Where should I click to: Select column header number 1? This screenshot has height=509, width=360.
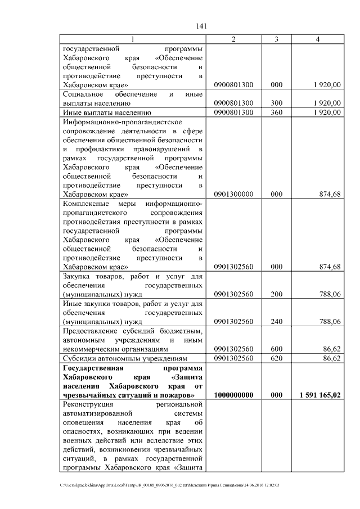(x=133, y=39)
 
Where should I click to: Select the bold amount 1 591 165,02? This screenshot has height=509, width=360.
(x=320, y=395)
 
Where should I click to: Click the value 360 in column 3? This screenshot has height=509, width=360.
(x=276, y=112)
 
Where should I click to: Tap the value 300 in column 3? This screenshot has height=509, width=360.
(x=276, y=103)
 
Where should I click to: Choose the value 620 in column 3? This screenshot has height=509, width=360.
(x=276, y=358)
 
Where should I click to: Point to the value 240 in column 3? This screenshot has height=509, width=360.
(x=276, y=322)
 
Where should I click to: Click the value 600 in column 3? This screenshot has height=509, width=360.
(x=276, y=349)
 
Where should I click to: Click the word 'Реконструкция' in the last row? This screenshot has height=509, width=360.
(x=88, y=404)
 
